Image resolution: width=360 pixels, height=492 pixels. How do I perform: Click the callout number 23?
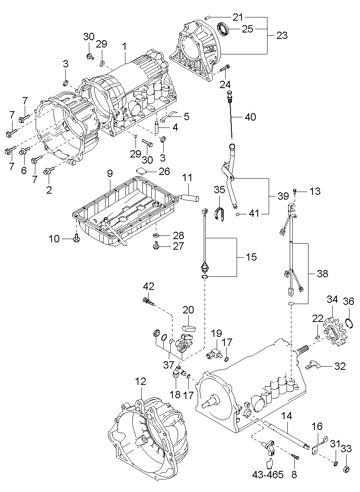[x=282, y=35]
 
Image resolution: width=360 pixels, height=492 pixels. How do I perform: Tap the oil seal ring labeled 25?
[x=223, y=28]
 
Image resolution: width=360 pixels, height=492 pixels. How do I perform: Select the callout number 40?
[x=250, y=117]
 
